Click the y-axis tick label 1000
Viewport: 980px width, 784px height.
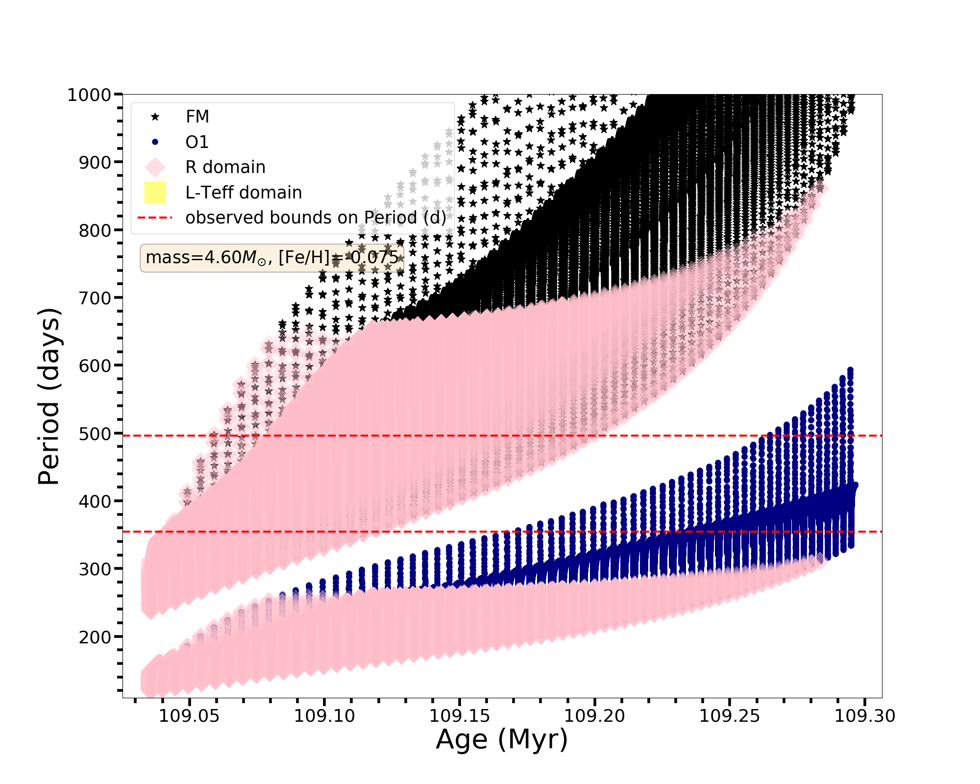(89, 95)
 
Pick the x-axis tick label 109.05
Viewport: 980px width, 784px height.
(189, 716)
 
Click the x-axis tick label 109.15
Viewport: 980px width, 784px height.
(460, 716)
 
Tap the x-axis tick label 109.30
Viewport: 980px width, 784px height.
(865, 716)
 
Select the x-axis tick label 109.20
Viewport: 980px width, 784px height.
(595, 716)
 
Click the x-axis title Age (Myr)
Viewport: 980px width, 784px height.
(502, 739)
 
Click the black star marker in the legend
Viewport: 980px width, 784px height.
(155, 117)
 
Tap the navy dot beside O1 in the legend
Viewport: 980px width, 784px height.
(155, 142)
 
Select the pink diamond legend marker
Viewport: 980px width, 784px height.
(155, 167)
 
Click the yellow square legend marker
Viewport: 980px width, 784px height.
(155, 192)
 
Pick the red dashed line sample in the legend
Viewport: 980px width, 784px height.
(155, 218)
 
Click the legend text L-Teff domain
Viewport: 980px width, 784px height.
(244, 193)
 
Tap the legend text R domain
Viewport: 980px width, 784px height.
(225, 167)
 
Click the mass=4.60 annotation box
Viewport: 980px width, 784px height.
(272, 258)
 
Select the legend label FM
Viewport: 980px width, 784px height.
(197, 117)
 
